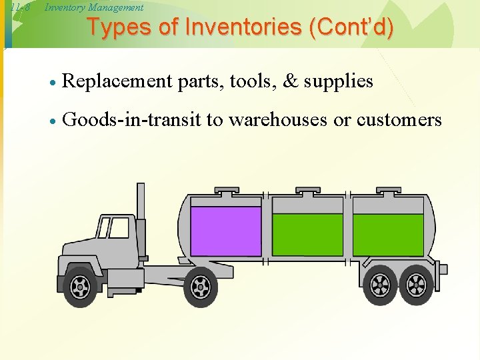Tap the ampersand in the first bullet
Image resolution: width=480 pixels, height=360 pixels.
[x=291, y=81]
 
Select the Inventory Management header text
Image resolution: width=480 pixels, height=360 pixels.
[x=93, y=7]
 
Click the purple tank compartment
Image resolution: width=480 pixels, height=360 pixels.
[x=226, y=231]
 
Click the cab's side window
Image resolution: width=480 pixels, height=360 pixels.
[x=119, y=228]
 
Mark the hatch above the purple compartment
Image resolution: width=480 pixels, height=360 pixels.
[x=227, y=191]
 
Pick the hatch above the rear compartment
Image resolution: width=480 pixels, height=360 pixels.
[x=391, y=191]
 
